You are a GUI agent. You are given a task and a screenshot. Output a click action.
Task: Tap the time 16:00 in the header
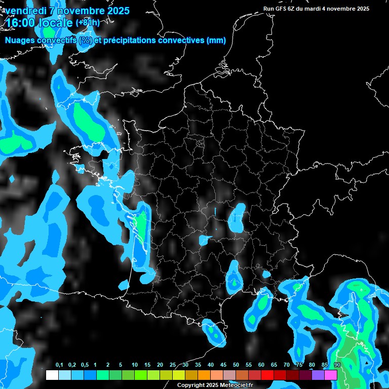(20, 23)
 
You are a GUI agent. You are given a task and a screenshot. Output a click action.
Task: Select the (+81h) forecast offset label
(88, 23)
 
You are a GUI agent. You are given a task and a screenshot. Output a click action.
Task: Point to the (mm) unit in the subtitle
(216, 41)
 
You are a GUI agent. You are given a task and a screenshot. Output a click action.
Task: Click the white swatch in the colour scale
(52, 375)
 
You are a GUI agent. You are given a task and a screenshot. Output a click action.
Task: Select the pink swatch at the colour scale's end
(331, 375)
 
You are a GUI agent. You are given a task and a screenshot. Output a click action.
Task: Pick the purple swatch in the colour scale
(318, 375)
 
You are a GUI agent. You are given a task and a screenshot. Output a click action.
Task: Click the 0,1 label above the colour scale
(59, 365)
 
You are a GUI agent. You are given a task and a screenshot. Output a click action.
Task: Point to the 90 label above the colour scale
(337, 365)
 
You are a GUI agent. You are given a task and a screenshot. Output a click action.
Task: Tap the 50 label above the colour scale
(236, 365)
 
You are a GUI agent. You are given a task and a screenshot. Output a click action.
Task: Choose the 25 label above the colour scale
(173, 365)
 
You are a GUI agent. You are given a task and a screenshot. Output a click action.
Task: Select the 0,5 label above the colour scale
(84, 365)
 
